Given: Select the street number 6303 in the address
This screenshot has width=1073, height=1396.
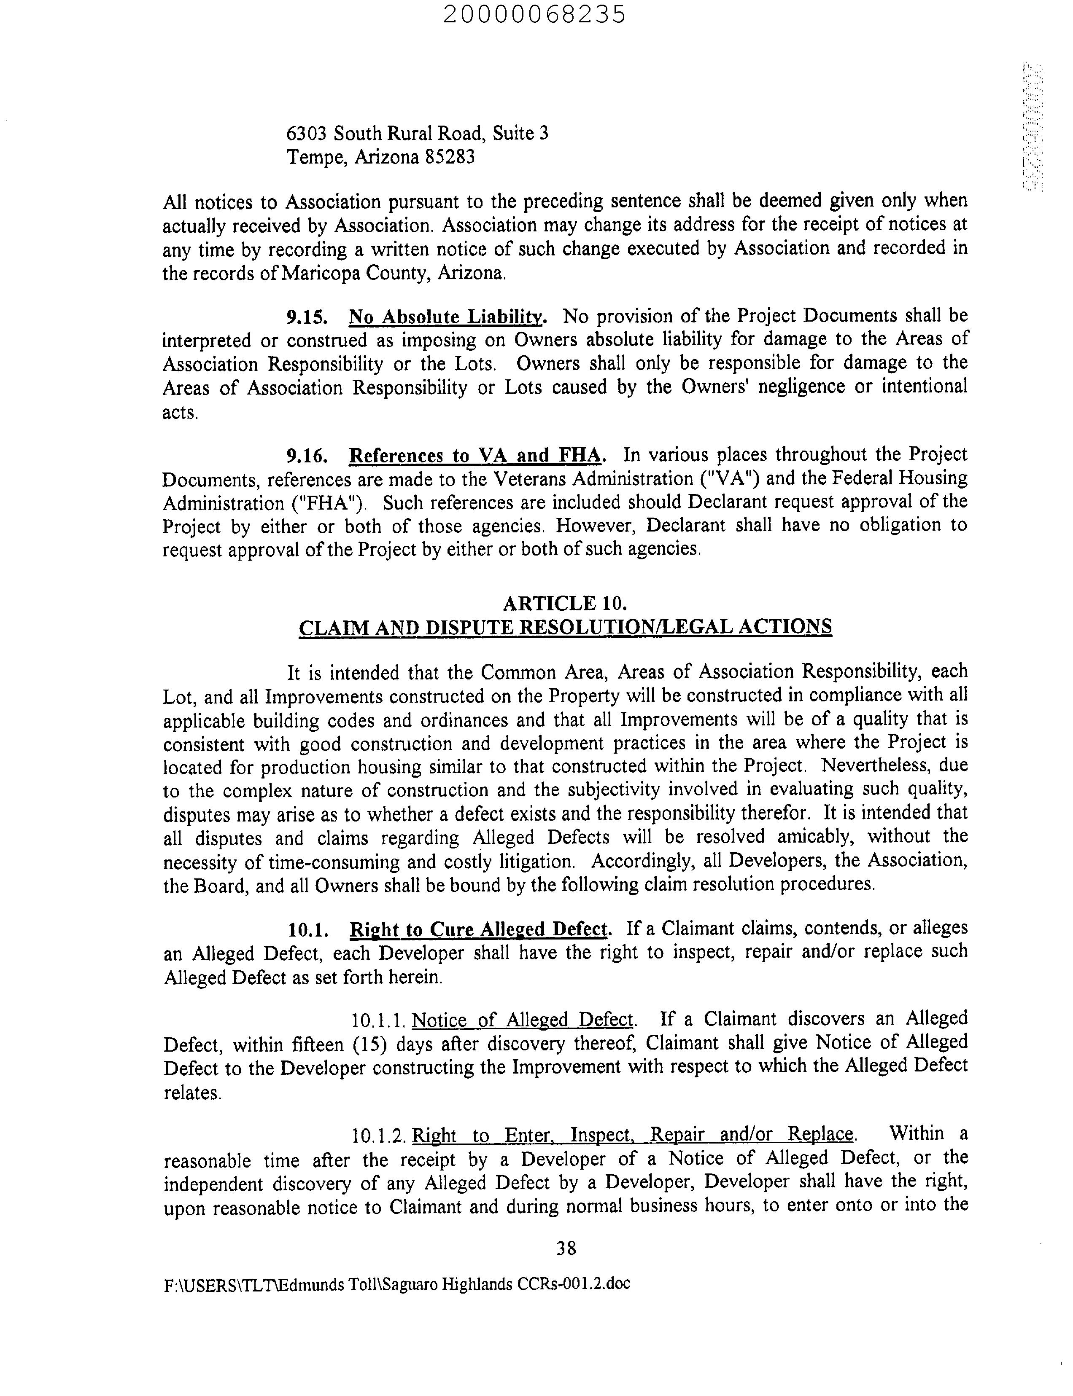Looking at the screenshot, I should pyautogui.click(x=307, y=134).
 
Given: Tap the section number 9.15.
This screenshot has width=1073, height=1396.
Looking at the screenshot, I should pyautogui.click(x=308, y=317).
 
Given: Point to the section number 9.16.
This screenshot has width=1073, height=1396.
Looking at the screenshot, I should pyautogui.click(x=308, y=456).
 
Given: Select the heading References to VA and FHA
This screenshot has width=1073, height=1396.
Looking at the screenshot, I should pyautogui.click(x=475, y=456).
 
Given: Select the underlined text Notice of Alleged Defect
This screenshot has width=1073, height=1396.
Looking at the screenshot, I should pyautogui.click(x=523, y=1020).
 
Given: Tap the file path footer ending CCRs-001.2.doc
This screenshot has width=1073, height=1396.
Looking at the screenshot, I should pyautogui.click(x=396, y=1283).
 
